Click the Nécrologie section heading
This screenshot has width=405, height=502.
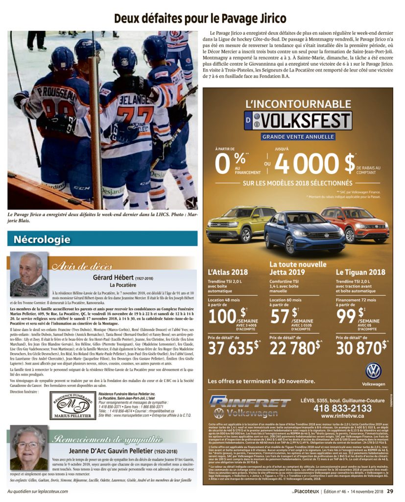(42, 240)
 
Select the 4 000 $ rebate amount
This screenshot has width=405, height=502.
(317, 164)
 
